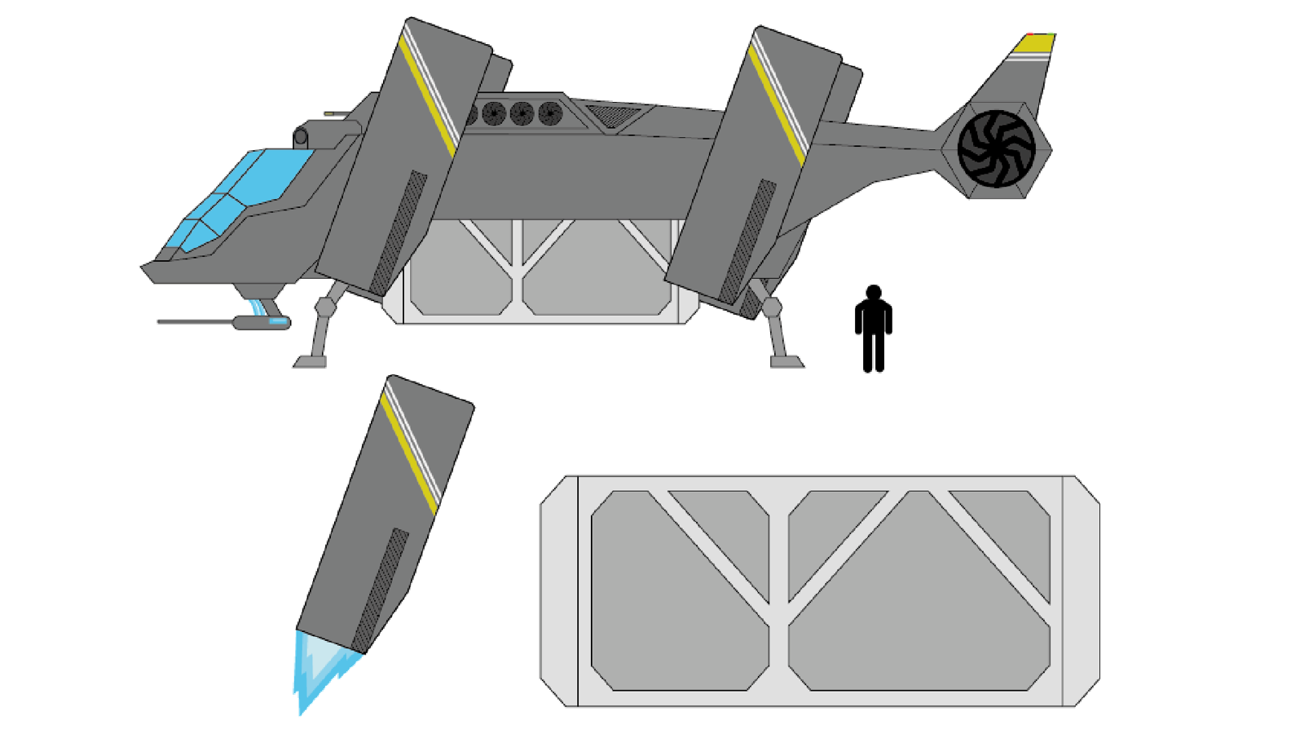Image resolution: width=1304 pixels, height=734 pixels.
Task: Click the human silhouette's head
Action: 874,293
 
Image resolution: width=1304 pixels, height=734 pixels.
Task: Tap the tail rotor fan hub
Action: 996,149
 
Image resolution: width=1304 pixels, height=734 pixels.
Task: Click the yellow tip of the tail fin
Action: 1033,43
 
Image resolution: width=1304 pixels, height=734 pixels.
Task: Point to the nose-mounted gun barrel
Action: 196,322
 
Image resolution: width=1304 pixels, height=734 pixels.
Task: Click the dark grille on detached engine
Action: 381,587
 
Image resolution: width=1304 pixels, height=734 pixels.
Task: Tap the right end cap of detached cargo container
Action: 1081,590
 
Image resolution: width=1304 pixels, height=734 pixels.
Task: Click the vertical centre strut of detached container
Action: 779,590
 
